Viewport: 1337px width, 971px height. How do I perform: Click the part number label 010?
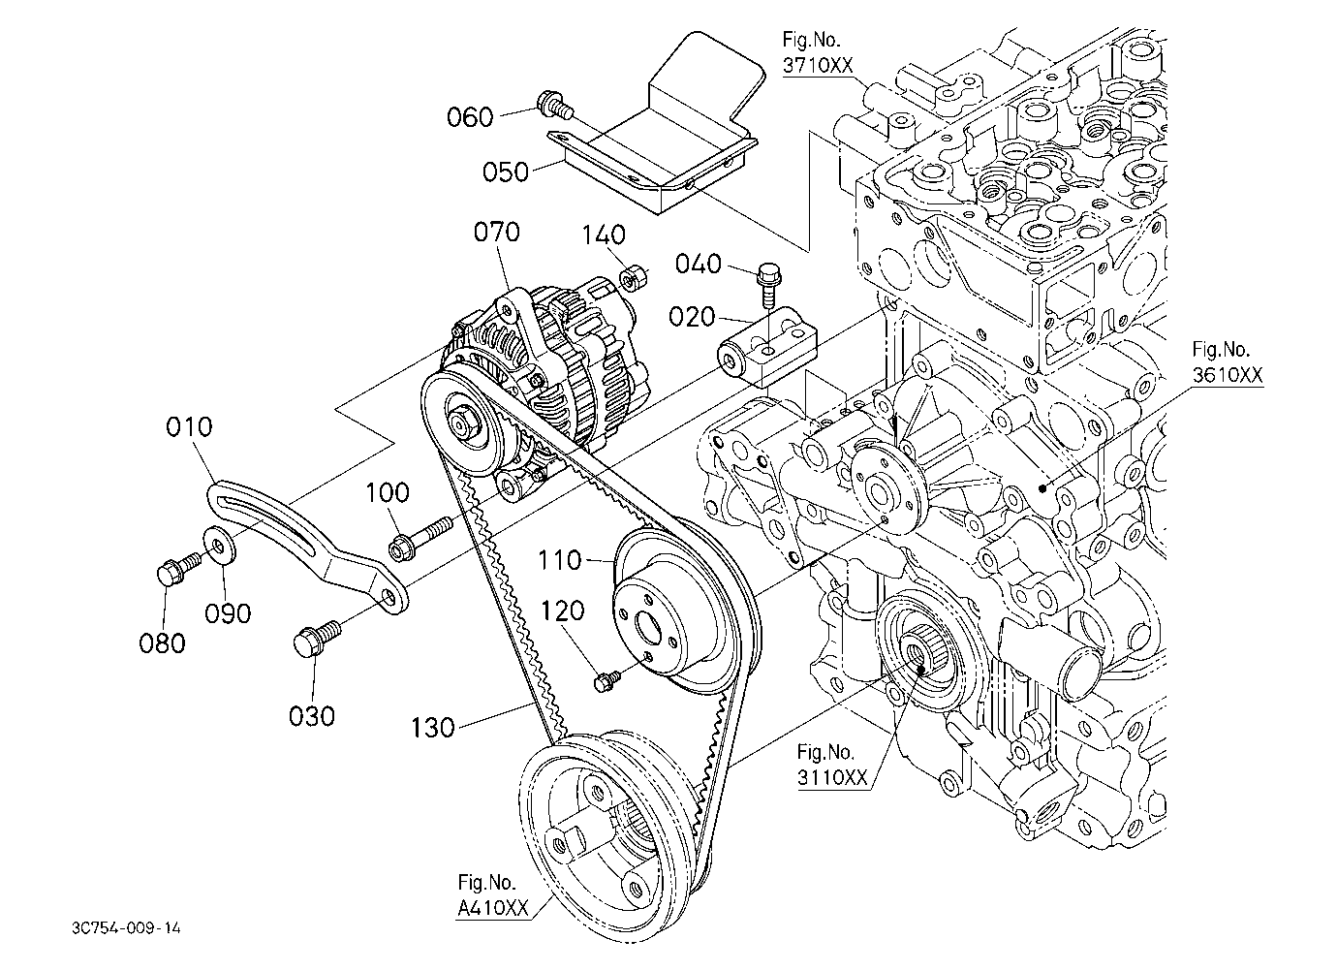(x=189, y=427)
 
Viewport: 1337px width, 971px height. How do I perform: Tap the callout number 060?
(x=470, y=117)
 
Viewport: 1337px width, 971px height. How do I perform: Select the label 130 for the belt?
(x=433, y=728)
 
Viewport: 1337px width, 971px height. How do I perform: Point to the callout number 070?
(x=497, y=232)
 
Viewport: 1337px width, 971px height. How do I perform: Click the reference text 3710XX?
(x=818, y=65)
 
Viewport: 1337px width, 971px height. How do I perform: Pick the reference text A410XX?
(x=493, y=908)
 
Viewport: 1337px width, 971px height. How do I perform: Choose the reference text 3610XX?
(x=1228, y=375)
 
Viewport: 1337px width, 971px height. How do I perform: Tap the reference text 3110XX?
(x=832, y=777)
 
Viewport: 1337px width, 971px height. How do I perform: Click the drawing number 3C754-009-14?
(x=126, y=928)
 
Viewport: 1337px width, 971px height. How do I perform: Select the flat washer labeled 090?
(x=221, y=546)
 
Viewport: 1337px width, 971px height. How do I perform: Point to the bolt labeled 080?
(x=179, y=568)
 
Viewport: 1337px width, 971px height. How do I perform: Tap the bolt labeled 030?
(x=317, y=639)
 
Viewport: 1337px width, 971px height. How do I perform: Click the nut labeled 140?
(x=632, y=278)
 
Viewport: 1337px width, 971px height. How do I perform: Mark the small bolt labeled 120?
(x=607, y=681)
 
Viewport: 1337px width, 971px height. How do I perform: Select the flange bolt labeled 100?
(x=420, y=539)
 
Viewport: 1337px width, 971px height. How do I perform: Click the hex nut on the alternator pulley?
(x=463, y=422)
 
